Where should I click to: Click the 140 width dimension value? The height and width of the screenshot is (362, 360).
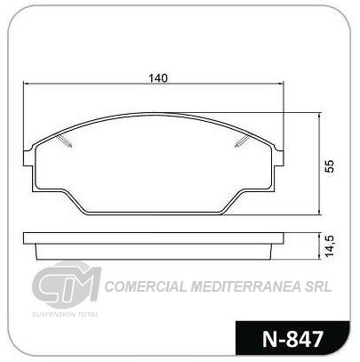pos(158,78)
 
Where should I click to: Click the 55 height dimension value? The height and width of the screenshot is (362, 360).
pos(329,166)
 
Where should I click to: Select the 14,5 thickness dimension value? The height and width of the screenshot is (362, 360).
pos(329,245)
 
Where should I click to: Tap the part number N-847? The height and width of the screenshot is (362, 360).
pos(292,339)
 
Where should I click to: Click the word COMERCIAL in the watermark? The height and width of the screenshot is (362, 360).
pos(146,286)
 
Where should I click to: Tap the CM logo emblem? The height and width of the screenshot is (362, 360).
pos(67,284)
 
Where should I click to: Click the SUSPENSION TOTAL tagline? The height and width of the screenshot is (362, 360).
pos(65,314)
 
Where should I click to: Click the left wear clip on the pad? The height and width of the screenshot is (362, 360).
pos(65,141)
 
